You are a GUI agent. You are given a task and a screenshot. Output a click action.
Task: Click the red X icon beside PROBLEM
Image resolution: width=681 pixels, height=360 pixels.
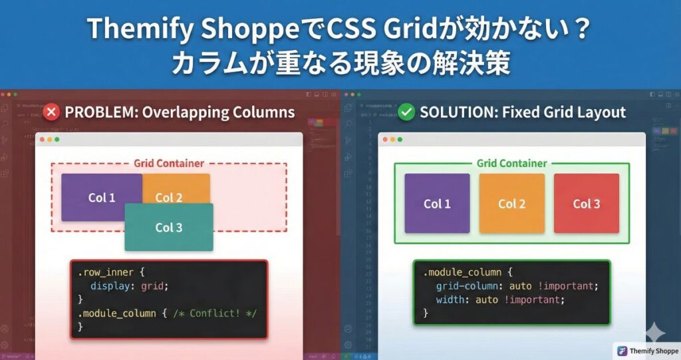(x=51, y=112)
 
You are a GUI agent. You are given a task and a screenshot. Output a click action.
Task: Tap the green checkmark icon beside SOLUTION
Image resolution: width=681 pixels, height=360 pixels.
(x=406, y=112)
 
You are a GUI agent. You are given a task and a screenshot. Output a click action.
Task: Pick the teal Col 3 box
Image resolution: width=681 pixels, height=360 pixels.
(x=169, y=228)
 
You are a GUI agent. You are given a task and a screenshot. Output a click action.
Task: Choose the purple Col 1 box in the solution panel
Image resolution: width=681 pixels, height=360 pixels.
(x=437, y=204)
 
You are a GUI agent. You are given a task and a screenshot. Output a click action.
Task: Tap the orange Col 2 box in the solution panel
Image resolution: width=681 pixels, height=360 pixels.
(x=511, y=204)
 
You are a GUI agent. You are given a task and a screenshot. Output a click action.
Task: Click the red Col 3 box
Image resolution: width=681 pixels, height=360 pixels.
(x=586, y=204)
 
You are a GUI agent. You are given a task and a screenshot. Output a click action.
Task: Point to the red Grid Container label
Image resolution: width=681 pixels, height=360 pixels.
(x=169, y=163)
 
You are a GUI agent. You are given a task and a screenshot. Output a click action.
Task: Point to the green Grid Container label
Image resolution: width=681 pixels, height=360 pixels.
(x=511, y=163)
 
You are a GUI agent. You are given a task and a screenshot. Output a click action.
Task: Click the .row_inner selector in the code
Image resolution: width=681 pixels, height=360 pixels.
(x=105, y=272)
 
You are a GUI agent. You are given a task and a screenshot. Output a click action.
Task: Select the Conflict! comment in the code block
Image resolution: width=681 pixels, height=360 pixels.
(x=214, y=313)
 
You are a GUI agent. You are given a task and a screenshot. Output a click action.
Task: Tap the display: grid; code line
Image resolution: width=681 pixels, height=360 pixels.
(x=130, y=286)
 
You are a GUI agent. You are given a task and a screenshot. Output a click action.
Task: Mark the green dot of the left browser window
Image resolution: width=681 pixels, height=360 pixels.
(x=58, y=140)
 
